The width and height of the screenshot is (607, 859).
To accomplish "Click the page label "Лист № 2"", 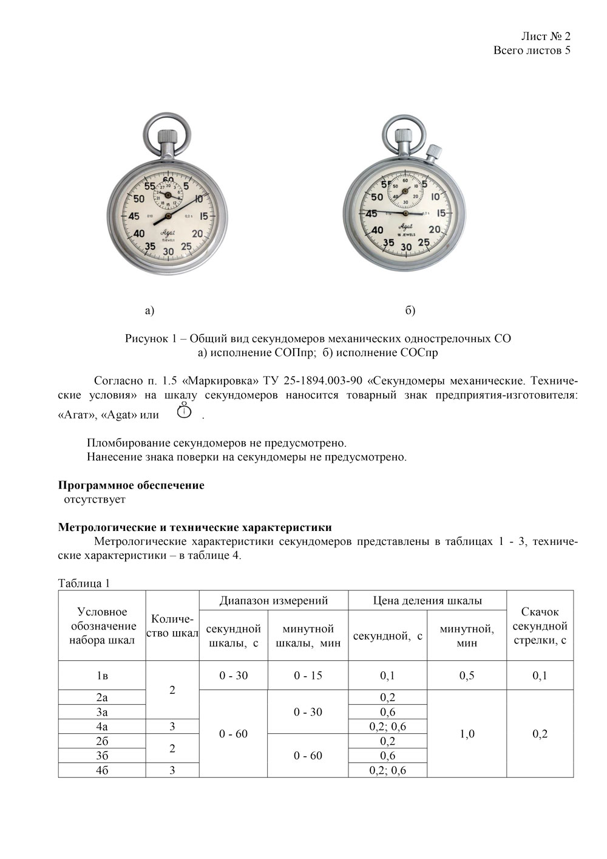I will [x=545, y=36].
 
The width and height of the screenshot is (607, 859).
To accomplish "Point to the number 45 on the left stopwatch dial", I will [x=133, y=216].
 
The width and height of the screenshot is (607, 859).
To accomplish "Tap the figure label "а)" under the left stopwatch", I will [x=150, y=310].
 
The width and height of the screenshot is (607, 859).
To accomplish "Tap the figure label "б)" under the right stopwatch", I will [x=410, y=310].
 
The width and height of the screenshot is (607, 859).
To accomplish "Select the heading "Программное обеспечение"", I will [x=131, y=485].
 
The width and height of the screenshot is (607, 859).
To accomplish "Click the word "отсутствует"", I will [x=95, y=499].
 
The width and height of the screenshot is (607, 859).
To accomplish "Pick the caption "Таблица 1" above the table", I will [x=84, y=583].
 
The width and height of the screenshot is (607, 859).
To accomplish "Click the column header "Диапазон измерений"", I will [x=274, y=601].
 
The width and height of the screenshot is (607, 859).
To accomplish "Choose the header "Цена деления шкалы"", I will [x=427, y=601].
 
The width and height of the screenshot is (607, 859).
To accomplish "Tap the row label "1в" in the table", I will [x=102, y=676].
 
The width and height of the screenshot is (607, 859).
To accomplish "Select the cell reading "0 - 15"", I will [x=308, y=676].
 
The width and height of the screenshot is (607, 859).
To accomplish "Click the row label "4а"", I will [x=102, y=727].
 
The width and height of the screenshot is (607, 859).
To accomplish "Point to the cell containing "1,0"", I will [x=467, y=734].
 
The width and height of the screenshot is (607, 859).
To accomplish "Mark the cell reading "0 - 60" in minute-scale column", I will [x=308, y=756].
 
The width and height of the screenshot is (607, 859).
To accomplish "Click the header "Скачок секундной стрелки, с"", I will [x=540, y=626].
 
